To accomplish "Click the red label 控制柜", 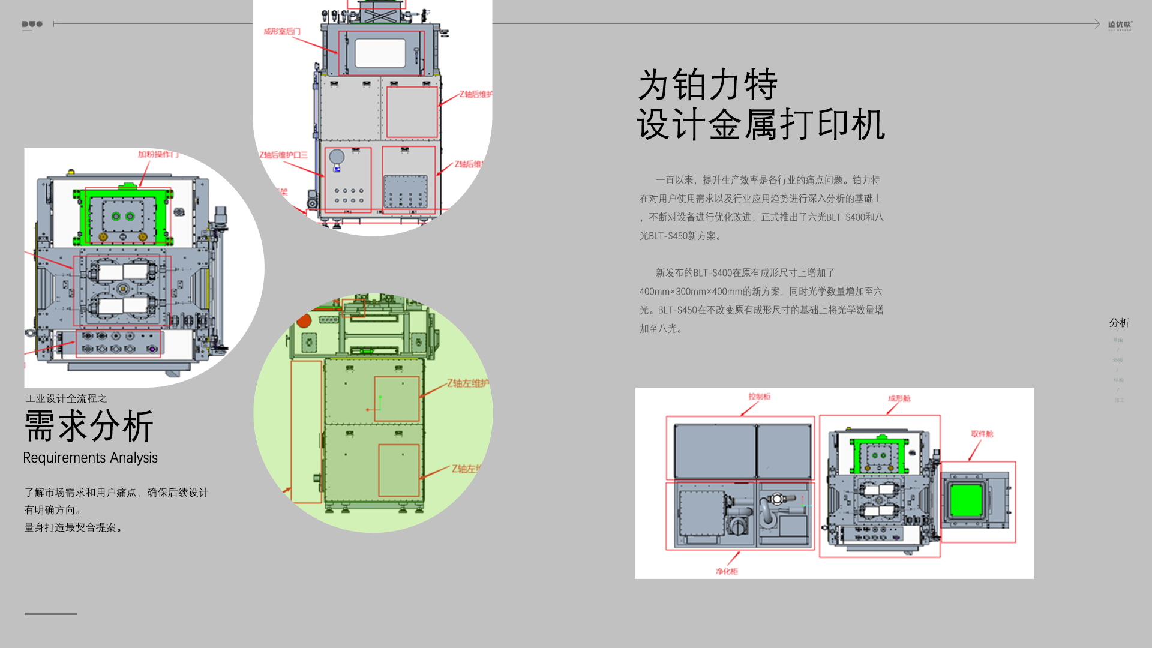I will pos(759,397).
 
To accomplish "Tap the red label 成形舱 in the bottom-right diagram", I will pos(899,398).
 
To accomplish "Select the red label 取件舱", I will pos(982,434).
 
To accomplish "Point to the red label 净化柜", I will pos(727,571).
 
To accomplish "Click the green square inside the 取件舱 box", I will pos(966,501).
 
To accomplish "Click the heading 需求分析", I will pos(89,426).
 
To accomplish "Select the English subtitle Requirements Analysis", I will pos(91,458).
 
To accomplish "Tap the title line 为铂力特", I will pos(707,85).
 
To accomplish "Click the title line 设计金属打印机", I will pos(760,125).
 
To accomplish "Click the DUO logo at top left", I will pos(32,25).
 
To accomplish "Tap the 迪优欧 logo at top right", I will pos(1120,25).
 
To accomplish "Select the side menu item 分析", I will pos(1119,323).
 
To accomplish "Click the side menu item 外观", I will pos(1118,360).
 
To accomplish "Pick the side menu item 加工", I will pos(1119,400).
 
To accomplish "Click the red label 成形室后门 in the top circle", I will pos(281,31).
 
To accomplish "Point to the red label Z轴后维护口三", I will pos(283,155).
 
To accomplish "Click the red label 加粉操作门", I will pos(158,154).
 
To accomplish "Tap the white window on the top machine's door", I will pos(380,53).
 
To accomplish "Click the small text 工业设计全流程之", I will pos(66,398).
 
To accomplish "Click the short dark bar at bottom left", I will pos(50,613).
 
